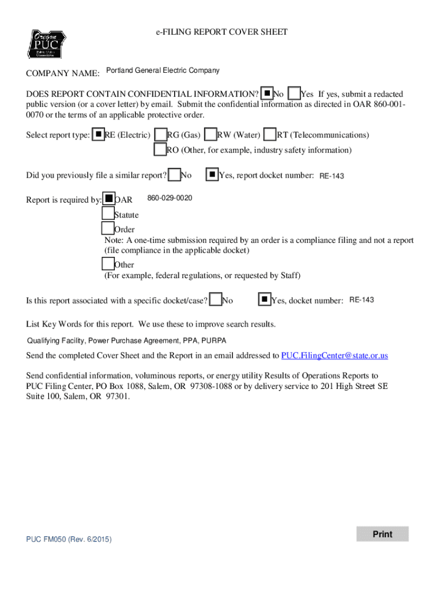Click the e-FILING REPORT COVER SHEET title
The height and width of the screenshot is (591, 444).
point(222,32)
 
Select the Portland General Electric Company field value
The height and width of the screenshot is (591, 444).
point(163,71)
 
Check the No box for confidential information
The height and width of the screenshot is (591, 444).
point(267,93)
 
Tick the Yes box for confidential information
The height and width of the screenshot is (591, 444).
point(294,93)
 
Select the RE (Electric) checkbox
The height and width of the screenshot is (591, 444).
point(99,134)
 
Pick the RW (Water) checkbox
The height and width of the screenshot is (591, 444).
point(211,134)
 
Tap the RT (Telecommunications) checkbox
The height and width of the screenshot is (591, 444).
point(270,134)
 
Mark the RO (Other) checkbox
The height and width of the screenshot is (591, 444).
point(160,149)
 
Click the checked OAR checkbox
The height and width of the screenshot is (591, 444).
point(108,199)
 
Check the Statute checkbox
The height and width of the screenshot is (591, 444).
point(108,214)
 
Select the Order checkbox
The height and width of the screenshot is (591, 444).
point(108,229)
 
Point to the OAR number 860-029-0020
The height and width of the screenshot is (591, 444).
point(170,199)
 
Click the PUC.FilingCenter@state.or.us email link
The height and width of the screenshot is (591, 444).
point(334,356)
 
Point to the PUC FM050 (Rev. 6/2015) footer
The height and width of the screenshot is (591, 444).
point(69,539)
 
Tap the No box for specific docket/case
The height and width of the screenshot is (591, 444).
point(216,300)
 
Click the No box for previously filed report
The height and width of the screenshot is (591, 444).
point(174,174)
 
